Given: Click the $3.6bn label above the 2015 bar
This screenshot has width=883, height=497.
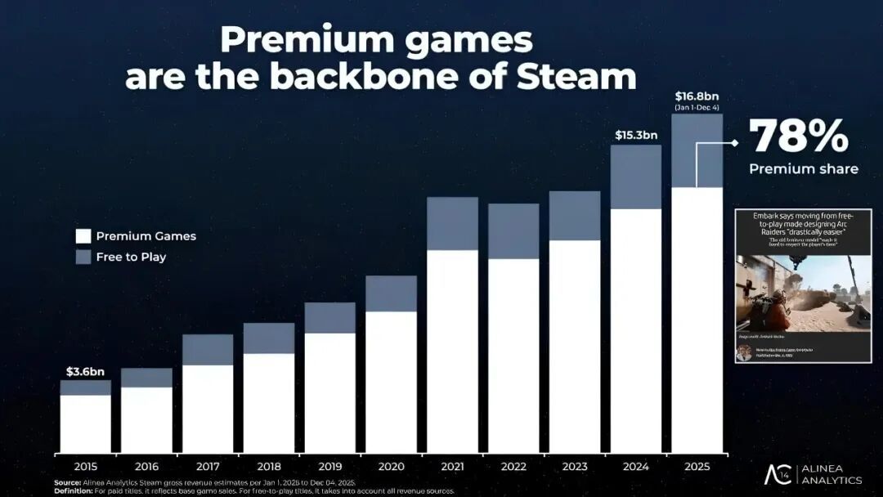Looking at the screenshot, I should pos(86,372).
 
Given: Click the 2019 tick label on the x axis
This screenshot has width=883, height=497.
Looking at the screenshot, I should pos(329,467).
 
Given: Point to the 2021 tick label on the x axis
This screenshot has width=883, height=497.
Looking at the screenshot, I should pos(452,467).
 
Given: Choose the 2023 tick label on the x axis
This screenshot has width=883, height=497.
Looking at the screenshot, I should pos(575,467).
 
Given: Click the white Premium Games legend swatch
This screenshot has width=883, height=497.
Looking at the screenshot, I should pos(82,236).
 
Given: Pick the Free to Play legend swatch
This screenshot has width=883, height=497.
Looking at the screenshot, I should pos(82,257).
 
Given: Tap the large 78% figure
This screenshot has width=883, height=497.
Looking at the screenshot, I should pos(799,137).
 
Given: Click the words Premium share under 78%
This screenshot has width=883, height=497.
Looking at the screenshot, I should pos(804,169).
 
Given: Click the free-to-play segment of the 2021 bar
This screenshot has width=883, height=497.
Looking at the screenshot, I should pos(452,223).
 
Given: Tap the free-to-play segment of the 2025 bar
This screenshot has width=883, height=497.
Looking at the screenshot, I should pos(697,150).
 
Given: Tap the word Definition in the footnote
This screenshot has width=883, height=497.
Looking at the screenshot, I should pos(73,491).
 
